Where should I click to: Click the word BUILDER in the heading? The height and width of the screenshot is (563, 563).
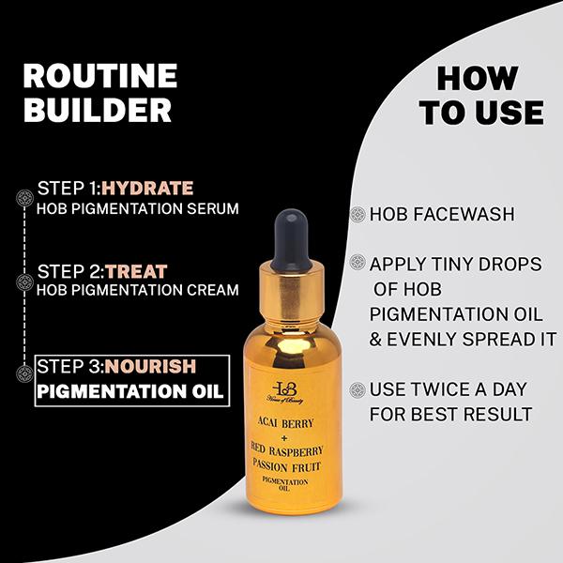pyautogui.click(x=97, y=110)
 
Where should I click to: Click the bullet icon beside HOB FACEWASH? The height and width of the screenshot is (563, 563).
pyautogui.click(x=358, y=214)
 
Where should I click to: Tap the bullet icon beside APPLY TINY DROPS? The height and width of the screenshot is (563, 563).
pyautogui.click(x=358, y=264)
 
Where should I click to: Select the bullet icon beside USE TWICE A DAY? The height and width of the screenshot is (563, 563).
pyautogui.click(x=358, y=388)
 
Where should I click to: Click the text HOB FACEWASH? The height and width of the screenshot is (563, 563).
pyautogui.click(x=442, y=214)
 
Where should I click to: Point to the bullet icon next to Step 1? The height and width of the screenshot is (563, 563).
pyautogui.click(x=25, y=197)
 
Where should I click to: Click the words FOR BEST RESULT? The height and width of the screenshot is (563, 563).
pyautogui.click(x=450, y=414)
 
